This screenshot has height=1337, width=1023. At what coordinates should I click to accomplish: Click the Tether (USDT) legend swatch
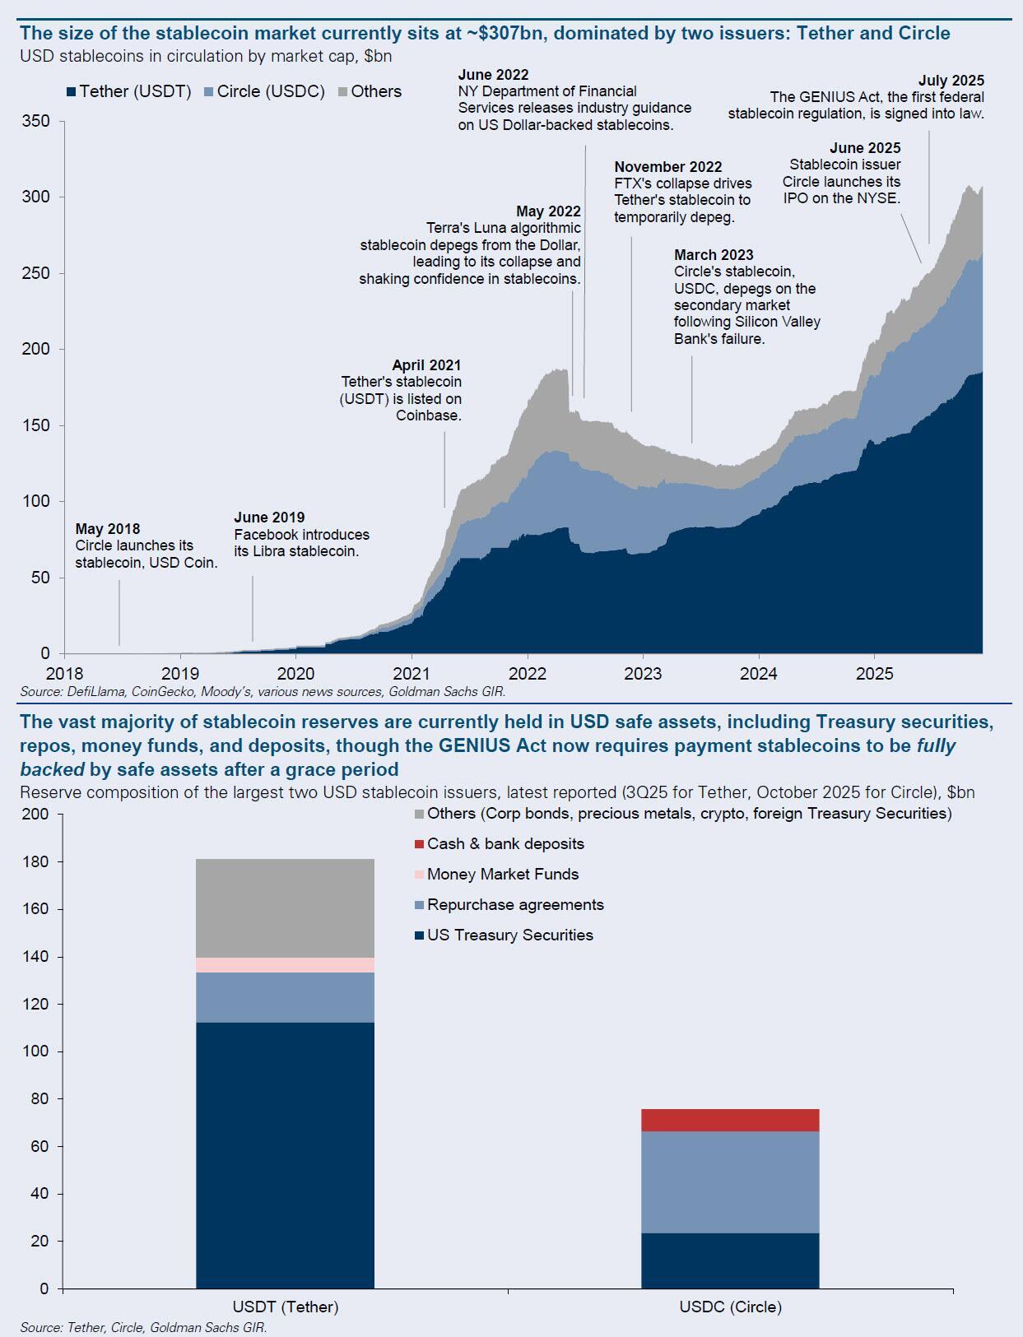click(x=72, y=92)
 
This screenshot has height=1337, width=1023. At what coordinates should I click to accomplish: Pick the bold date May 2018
click(x=108, y=529)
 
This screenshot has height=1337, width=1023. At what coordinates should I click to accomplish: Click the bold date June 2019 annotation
click(x=269, y=518)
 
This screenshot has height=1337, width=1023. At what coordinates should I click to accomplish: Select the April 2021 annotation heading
click(x=426, y=365)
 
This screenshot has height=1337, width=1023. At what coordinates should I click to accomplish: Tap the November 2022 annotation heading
click(x=667, y=167)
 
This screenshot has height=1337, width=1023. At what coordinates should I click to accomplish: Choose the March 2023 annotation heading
click(x=714, y=255)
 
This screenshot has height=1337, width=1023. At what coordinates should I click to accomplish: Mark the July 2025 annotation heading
click(x=951, y=81)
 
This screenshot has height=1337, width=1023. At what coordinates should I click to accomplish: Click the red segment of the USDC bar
click(x=730, y=1120)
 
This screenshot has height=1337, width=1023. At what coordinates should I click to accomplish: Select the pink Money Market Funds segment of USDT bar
click(x=285, y=965)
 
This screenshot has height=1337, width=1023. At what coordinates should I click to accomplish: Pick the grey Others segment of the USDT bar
click(x=285, y=908)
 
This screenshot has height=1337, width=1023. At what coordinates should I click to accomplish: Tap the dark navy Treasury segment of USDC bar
click(x=730, y=1260)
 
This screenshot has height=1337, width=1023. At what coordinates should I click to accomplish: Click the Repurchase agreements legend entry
click(x=514, y=905)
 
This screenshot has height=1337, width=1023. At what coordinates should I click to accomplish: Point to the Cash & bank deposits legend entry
click(x=505, y=844)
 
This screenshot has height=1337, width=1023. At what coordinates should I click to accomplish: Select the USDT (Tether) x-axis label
click(x=286, y=1307)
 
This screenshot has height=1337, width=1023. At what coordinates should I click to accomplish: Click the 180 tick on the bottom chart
click(x=37, y=862)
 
